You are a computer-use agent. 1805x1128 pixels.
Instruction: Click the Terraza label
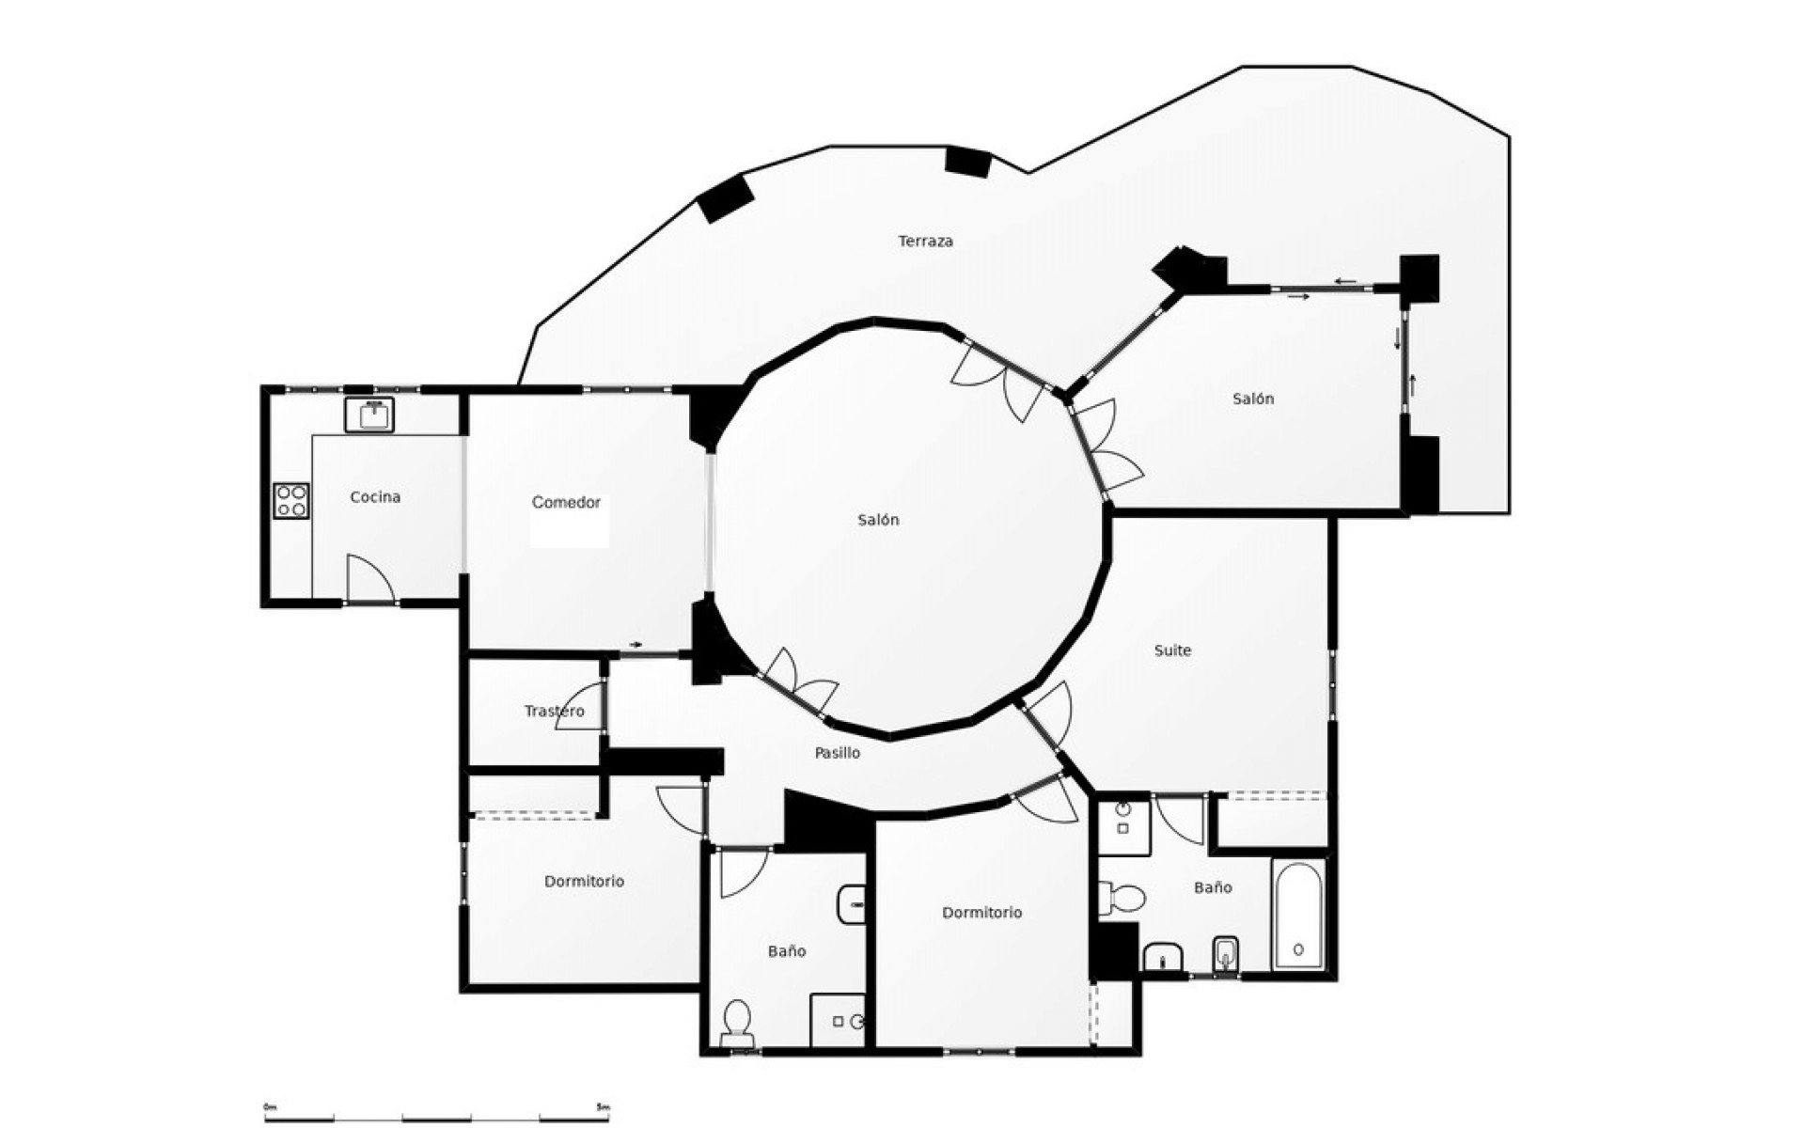coord(925,242)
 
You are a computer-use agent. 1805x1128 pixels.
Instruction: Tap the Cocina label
coord(375,497)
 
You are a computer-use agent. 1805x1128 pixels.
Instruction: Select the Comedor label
coord(566,503)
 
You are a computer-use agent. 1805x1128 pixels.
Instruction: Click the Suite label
coord(1172,650)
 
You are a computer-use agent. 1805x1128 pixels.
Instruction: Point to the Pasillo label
coord(837,753)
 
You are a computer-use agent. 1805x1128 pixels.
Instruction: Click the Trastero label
coord(554,712)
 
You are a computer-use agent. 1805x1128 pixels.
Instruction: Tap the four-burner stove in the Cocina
coord(291,501)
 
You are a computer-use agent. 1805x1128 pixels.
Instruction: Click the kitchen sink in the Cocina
coord(369,414)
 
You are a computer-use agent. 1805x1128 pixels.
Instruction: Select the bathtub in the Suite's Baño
coord(1298,914)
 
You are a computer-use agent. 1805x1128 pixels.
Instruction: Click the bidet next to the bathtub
coord(1226,955)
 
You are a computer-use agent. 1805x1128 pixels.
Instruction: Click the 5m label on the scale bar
coord(603,1107)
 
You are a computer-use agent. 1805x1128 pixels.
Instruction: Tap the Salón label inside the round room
coord(878,520)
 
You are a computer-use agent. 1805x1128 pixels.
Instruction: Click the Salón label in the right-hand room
coord(1253,399)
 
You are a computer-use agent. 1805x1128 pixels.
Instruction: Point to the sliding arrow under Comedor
coord(636,645)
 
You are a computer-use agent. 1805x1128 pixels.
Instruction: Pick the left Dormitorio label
coord(584,882)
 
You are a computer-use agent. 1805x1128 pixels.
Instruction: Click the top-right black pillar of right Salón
coord(1420,277)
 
